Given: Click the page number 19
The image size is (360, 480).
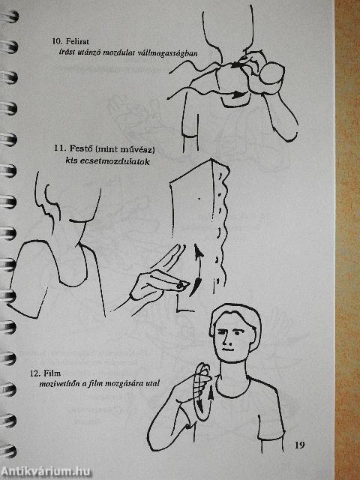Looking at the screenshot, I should tap(299, 445).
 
